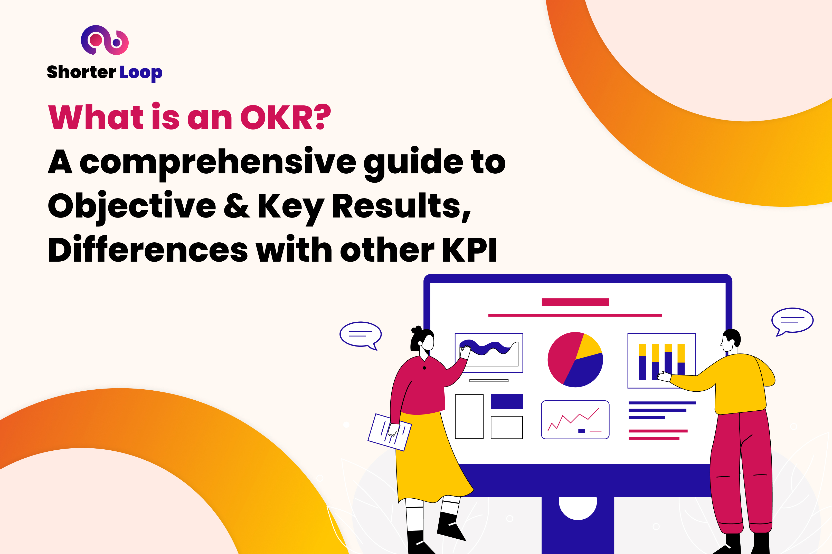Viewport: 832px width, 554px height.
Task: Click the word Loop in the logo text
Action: click(x=141, y=72)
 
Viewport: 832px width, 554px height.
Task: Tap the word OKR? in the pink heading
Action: click(x=285, y=117)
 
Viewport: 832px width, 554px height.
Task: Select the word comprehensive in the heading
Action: click(x=218, y=163)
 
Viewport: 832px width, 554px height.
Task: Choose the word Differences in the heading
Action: click(x=148, y=250)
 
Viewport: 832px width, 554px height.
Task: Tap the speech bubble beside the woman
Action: click(x=361, y=334)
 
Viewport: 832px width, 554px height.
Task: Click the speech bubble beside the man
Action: click(x=792, y=320)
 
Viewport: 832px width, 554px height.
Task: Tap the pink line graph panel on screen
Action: click(x=575, y=420)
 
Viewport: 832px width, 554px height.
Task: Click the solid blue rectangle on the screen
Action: click(x=507, y=401)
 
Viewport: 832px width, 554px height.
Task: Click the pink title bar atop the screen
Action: click(x=575, y=302)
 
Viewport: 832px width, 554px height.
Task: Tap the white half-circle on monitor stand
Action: click(x=578, y=507)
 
